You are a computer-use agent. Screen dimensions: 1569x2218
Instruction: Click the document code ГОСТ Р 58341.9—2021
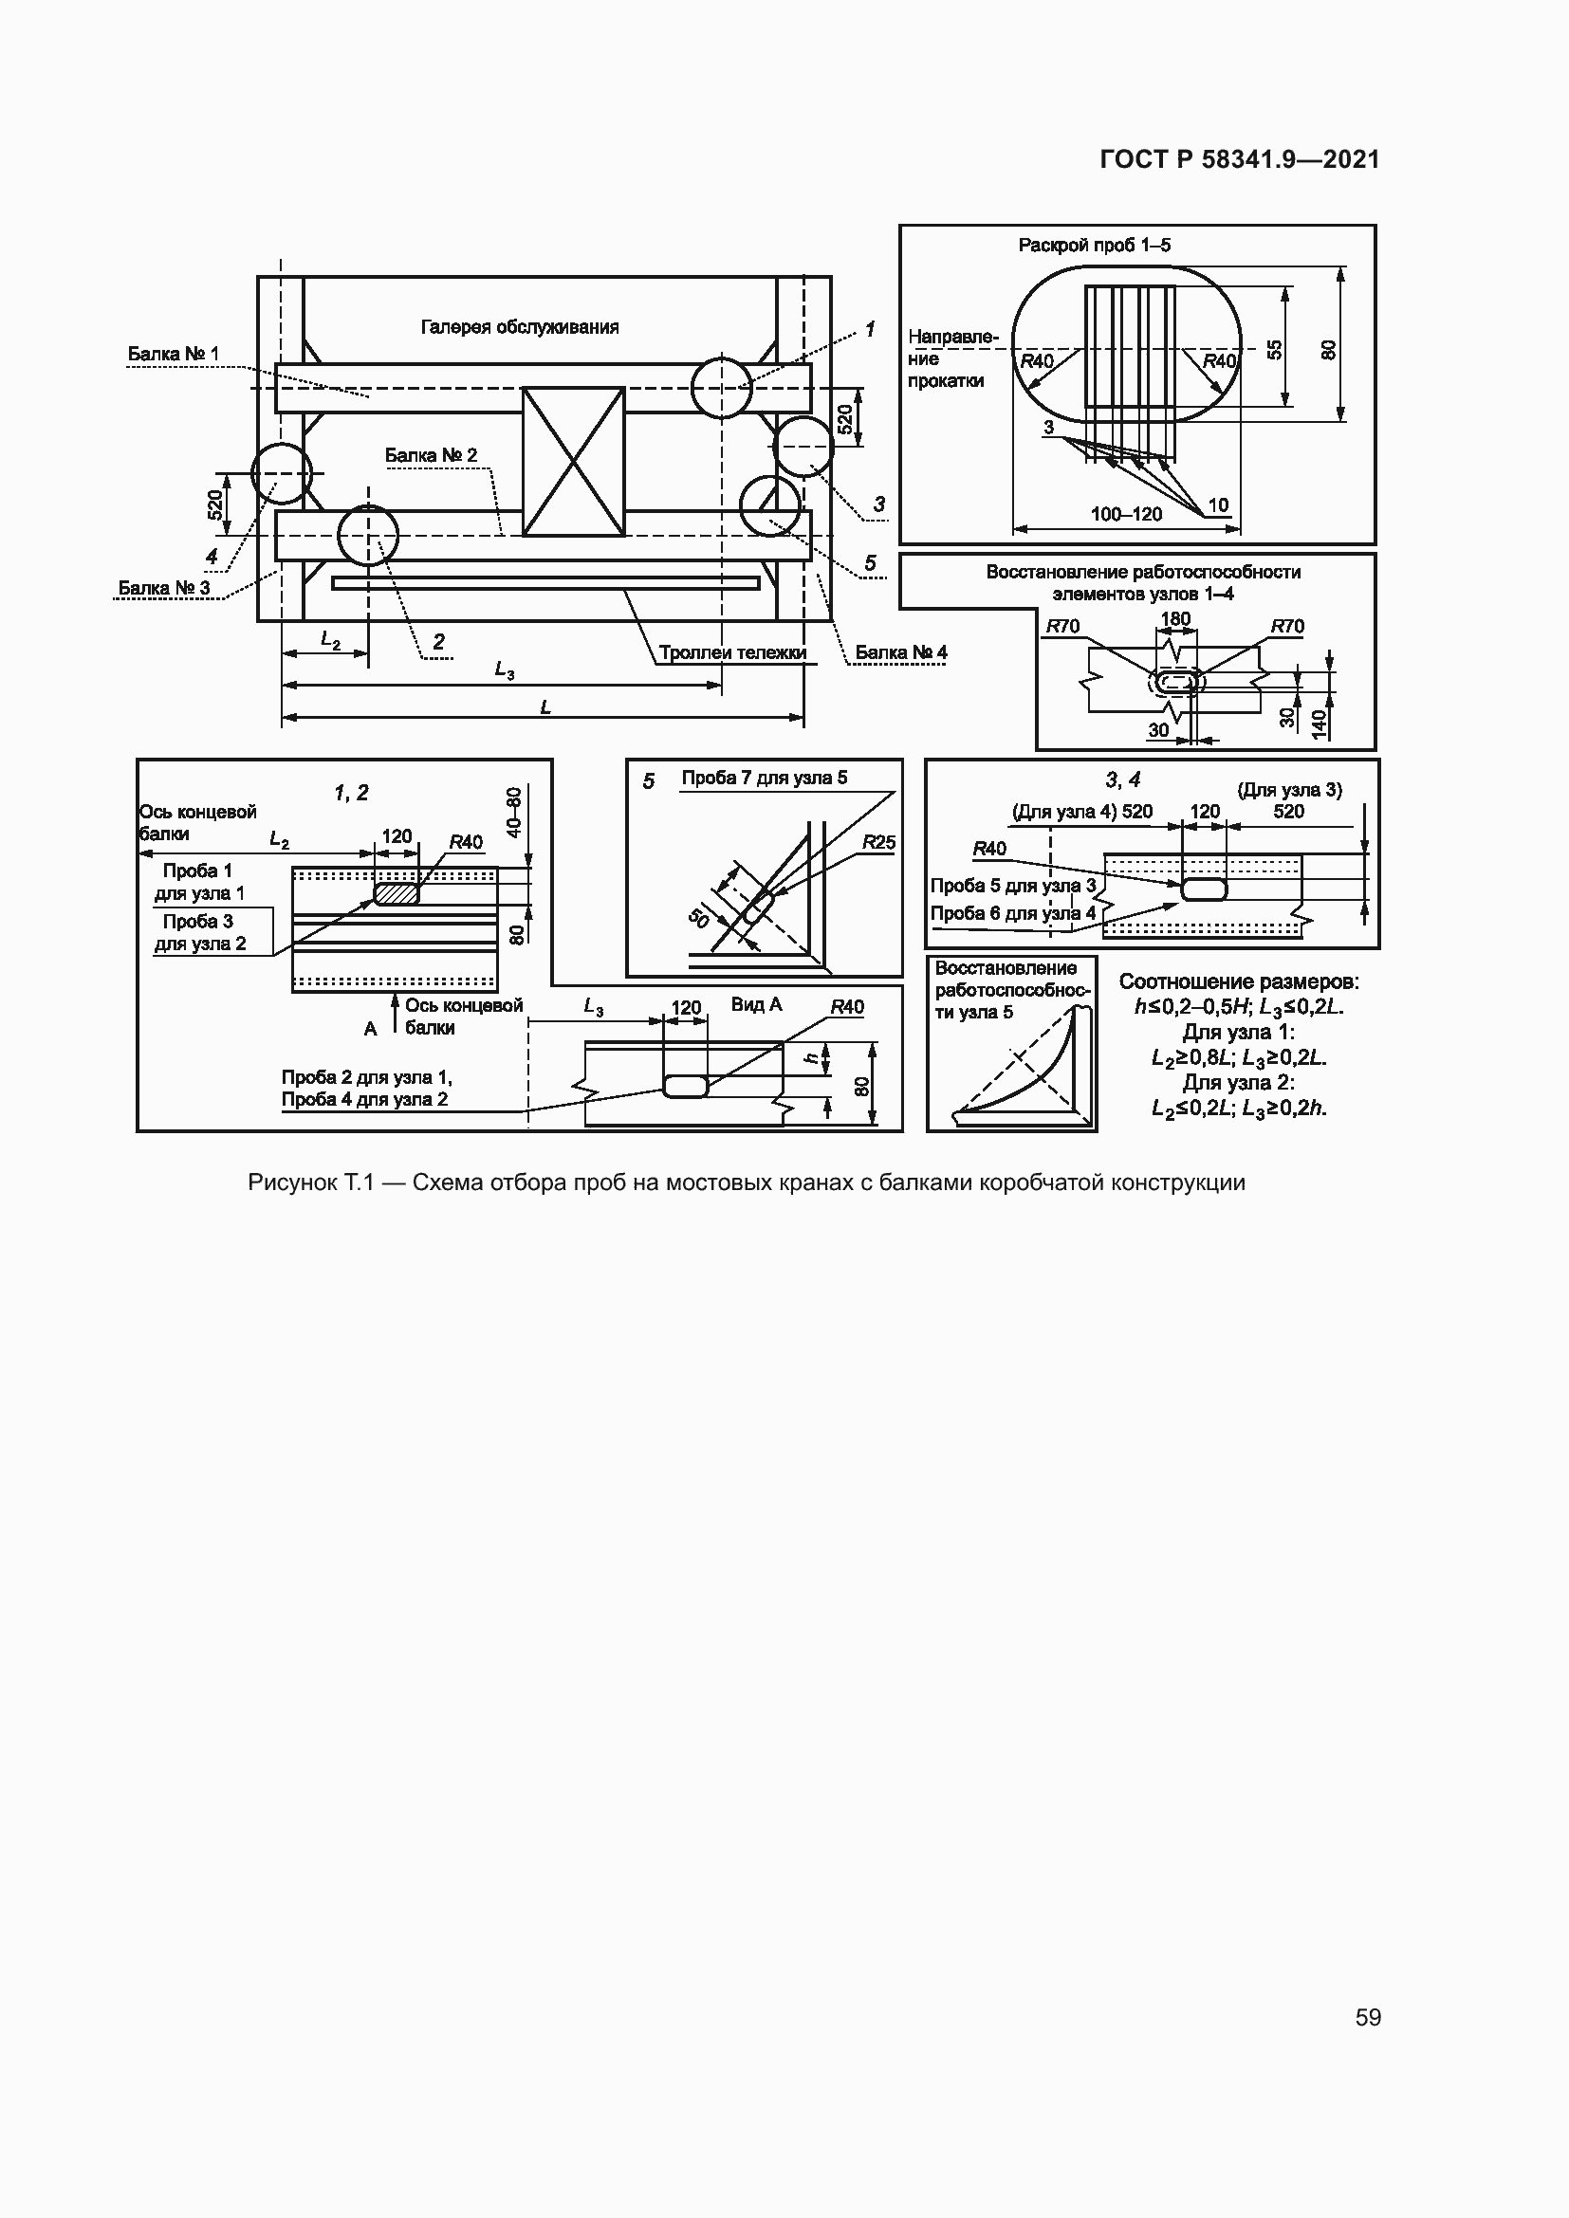pos(1240,159)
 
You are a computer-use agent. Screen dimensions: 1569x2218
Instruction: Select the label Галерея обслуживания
pos(520,326)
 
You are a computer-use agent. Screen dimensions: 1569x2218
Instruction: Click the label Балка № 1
pos(174,354)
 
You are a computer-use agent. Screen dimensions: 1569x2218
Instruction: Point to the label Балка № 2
pos(431,455)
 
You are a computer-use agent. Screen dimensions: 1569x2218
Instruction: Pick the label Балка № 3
pos(164,587)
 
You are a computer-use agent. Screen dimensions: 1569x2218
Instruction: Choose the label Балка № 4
pos(901,652)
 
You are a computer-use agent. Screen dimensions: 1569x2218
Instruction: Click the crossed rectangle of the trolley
pos(574,462)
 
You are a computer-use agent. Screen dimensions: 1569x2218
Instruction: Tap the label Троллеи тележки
pos(732,652)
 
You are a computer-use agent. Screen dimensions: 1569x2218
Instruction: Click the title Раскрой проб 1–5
pos(1095,245)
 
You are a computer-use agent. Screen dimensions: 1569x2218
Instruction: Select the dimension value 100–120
pos(1127,514)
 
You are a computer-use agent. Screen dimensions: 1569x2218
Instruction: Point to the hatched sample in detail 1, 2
pos(397,893)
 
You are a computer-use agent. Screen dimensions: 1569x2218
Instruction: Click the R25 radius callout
pos(879,842)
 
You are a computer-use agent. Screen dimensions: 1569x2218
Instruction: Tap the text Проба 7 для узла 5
pos(765,778)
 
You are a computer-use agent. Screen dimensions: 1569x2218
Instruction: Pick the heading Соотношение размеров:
pos(1240,981)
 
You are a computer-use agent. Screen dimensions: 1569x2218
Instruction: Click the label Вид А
pos(756,1003)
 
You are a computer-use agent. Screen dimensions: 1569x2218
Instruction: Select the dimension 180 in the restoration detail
pos(1175,618)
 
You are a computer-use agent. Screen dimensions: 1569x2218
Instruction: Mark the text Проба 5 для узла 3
pos(1013,885)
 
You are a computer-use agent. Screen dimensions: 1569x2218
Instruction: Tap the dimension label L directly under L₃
pos(545,707)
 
